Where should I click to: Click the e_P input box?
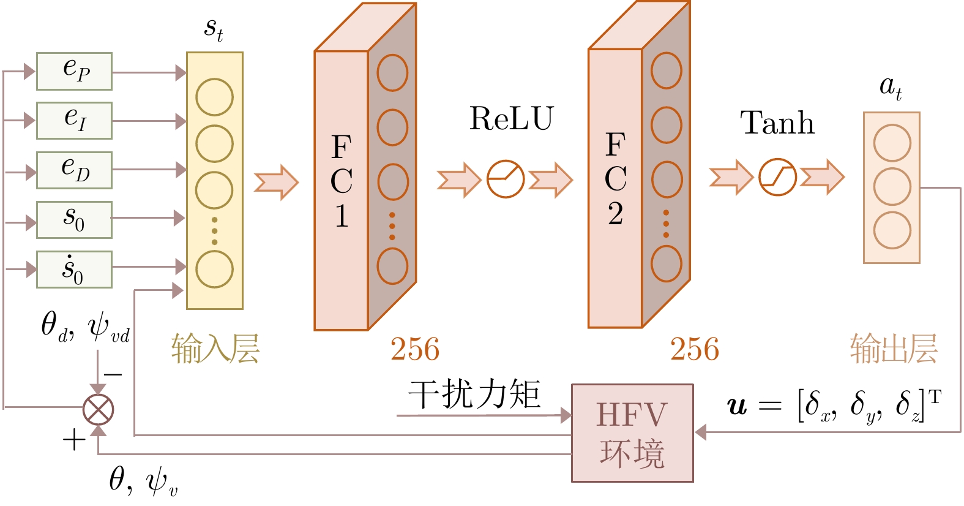click(x=74, y=71)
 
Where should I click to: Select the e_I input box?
click(x=74, y=121)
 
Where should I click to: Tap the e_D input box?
click(x=74, y=170)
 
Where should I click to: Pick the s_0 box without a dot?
click(x=74, y=219)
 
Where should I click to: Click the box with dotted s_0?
click(x=74, y=269)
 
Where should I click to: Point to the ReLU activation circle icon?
click(x=505, y=179)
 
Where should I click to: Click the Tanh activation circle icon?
click(x=777, y=178)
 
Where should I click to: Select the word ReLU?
click(x=511, y=119)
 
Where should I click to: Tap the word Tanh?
click(x=777, y=123)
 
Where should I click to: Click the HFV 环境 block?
click(x=632, y=433)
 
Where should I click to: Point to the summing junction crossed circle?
click(x=98, y=409)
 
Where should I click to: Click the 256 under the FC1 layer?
click(x=415, y=350)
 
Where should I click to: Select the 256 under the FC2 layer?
click(x=694, y=350)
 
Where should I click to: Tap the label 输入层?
click(x=215, y=349)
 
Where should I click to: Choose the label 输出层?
click(x=894, y=349)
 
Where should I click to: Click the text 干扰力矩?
click(x=474, y=394)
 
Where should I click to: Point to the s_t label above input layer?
click(x=214, y=28)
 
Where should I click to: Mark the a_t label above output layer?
click(x=891, y=87)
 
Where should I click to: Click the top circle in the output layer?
click(x=892, y=143)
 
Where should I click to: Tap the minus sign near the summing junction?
click(x=113, y=374)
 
